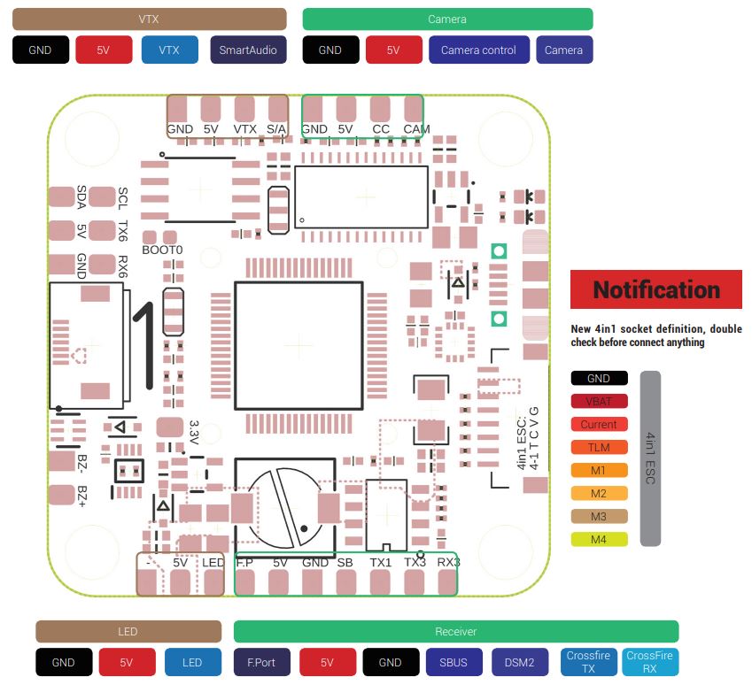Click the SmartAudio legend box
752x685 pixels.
pyautogui.click(x=248, y=50)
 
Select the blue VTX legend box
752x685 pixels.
pyautogui.click(x=168, y=50)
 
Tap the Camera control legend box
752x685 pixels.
pyautogui.click(x=478, y=50)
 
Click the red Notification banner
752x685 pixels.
pyautogui.click(x=656, y=289)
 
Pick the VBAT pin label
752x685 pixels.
pyautogui.click(x=599, y=402)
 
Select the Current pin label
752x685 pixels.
pyautogui.click(x=599, y=425)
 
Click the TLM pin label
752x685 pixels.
pyautogui.click(x=599, y=448)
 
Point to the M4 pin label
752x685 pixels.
pyautogui.click(x=599, y=539)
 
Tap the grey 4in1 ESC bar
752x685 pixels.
pyautogui.click(x=650, y=458)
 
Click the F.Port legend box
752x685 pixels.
pyautogui.click(x=261, y=662)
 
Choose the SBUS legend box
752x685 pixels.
pyautogui.click(x=455, y=662)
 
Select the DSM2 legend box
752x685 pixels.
pyautogui.click(x=520, y=662)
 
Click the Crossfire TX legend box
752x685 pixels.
pyautogui.click(x=588, y=662)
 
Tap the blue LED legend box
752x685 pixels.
pyautogui.click(x=192, y=662)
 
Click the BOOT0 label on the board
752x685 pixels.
pyautogui.click(x=162, y=250)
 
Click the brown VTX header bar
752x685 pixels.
pyautogui.click(x=150, y=19)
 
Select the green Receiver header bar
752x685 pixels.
pyautogui.click(x=455, y=632)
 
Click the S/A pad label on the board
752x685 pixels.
pyautogui.click(x=276, y=129)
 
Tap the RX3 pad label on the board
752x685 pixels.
pyautogui.click(x=448, y=562)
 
